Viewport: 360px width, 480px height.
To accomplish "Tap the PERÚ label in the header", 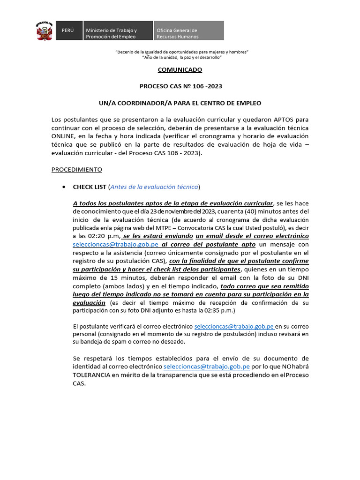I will (x=68, y=30).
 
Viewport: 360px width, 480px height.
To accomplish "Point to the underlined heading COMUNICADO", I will (x=180, y=70).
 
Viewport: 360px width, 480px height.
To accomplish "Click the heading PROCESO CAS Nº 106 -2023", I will (x=180, y=86).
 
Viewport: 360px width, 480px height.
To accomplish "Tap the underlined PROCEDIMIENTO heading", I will (x=76, y=169).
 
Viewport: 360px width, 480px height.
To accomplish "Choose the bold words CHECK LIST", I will (x=90, y=187).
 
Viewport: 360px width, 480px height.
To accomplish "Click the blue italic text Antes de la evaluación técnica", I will (x=154, y=187).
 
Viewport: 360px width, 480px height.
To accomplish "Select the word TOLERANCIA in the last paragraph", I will (x=92, y=375).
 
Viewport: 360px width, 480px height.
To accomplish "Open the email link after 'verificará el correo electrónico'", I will (x=234, y=326).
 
